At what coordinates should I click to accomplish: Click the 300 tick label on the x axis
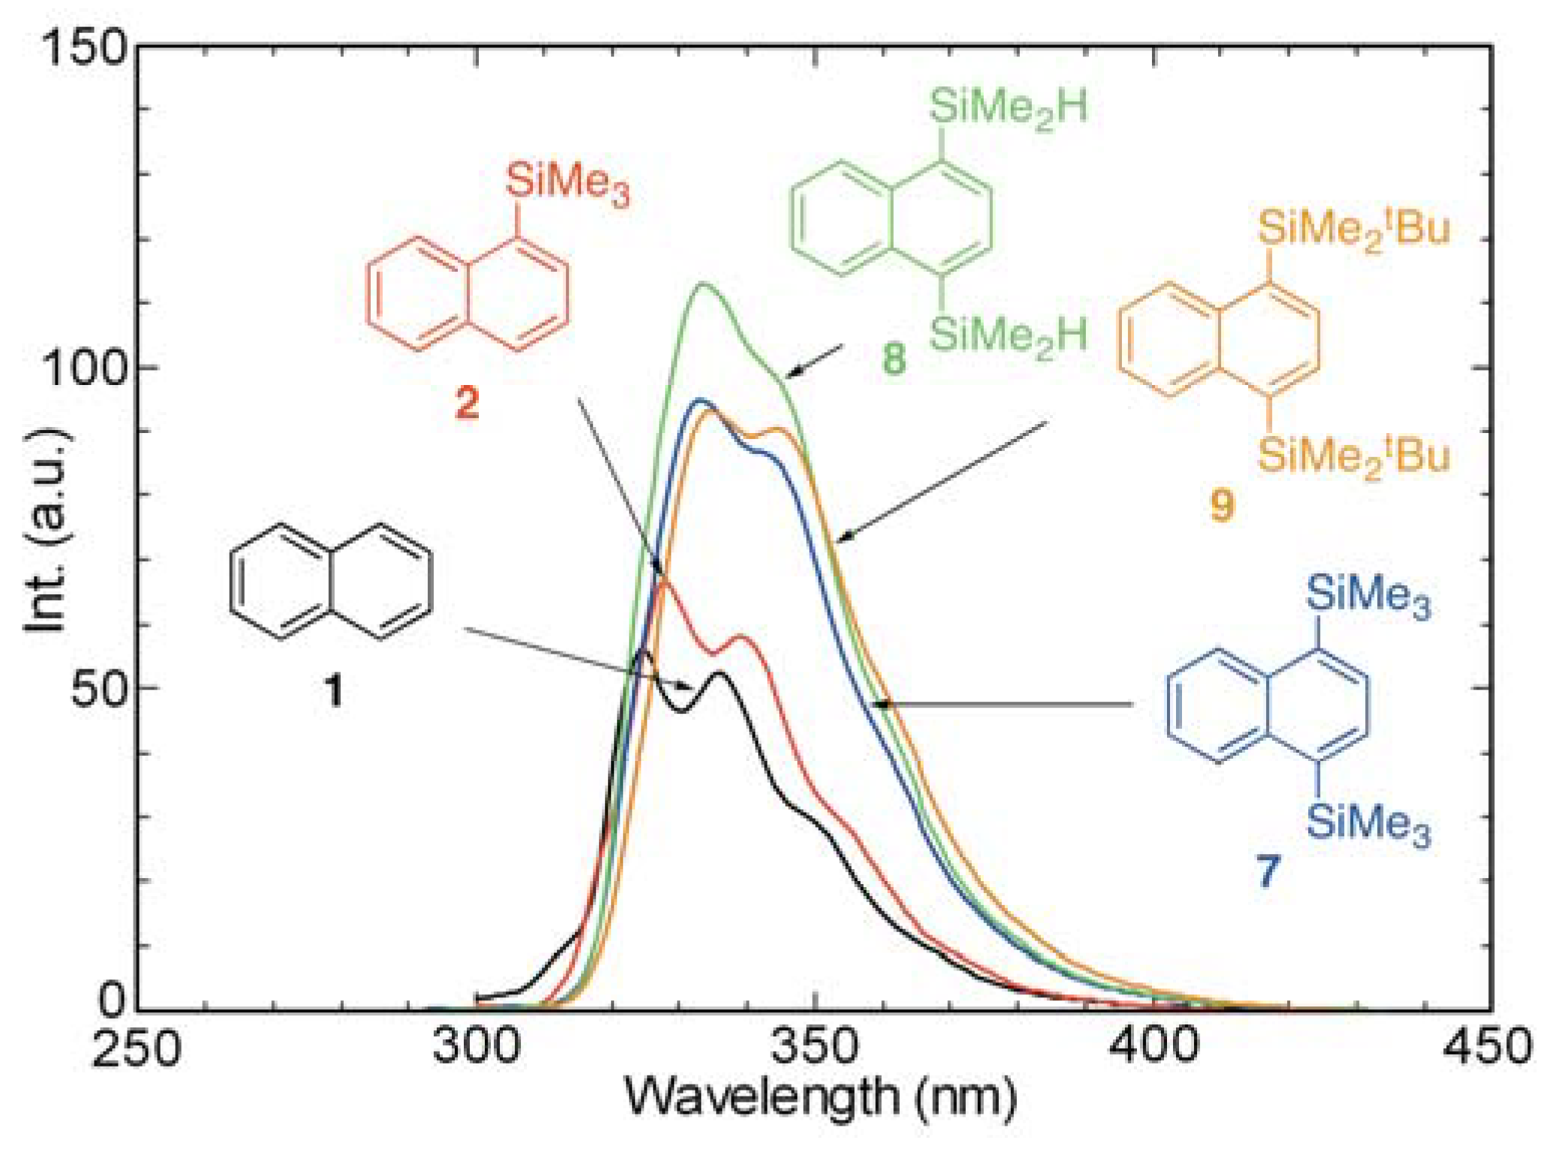[x=476, y=1045]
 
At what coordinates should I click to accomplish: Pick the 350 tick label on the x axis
[x=815, y=1045]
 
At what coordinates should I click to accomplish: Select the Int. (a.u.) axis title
[x=47, y=530]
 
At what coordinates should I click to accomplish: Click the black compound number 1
[x=333, y=690]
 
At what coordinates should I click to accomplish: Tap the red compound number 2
[x=467, y=403]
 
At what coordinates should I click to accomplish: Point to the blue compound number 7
[x=1267, y=871]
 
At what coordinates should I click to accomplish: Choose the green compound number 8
[x=894, y=358]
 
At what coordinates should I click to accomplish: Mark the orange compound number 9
[x=1222, y=504]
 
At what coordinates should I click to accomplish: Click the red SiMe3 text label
[x=567, y=182]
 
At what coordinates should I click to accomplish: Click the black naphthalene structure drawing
[x=331, y=582]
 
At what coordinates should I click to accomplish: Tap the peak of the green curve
[x=703, y=284]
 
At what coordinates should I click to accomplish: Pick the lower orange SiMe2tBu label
[x=1353, y=456]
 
